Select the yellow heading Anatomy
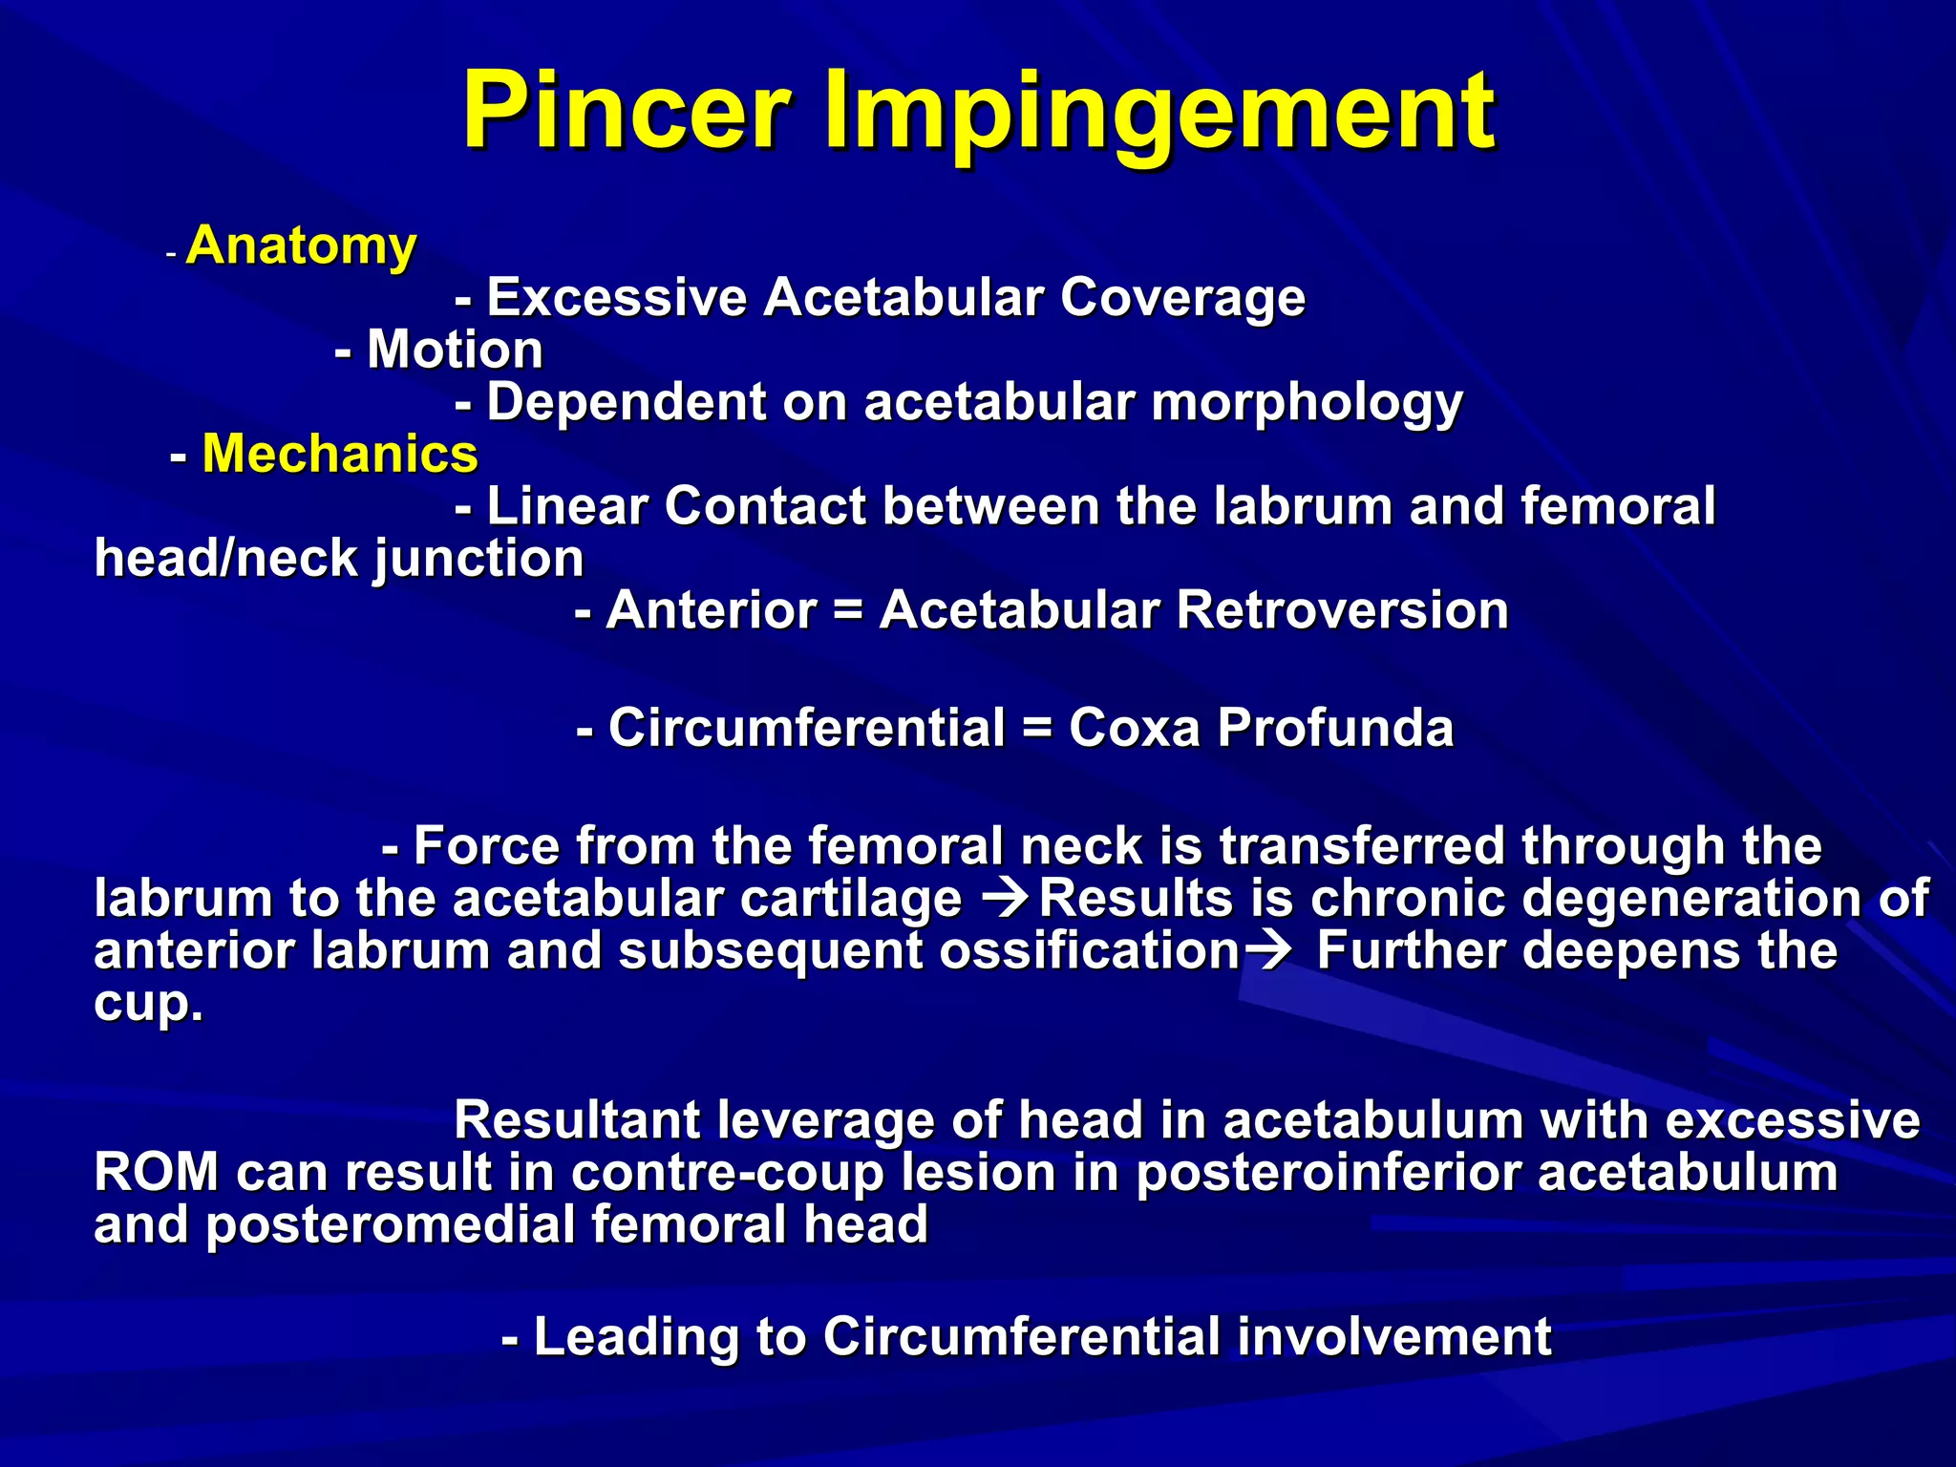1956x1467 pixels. click(x=302, y=245)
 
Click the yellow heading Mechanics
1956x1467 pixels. click(x=340, y=453)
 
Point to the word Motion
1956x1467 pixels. click(x=455, y=349)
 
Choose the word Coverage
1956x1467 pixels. click(x=1182, y=297)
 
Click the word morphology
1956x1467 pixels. click(x=1307, y=403)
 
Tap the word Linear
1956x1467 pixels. click(x=567, y=505)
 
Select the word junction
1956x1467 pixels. click(x=478, y=559)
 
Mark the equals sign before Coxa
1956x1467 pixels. click(x=1036, y=728)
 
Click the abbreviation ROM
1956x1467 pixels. click(x=156, y=1173)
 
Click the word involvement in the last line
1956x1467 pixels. click(x=1393, y=1336)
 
